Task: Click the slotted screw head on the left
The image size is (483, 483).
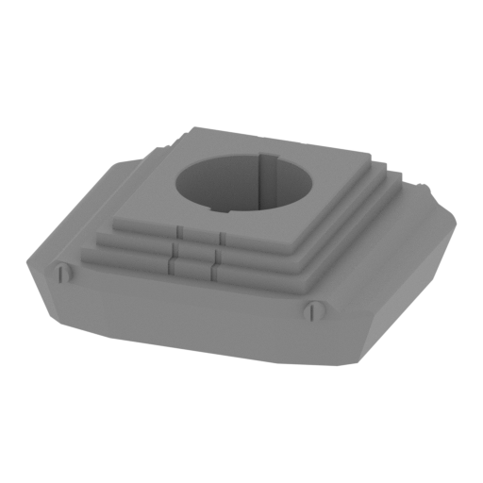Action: pyautogui.click(x=64, y=275)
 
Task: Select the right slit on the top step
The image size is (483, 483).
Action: pyautogui.click(x=220, y=235)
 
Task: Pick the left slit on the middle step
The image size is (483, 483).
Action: pyautogui.click(x=176, y=250)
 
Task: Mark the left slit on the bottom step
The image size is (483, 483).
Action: pyautogui.click(x=172, y=269)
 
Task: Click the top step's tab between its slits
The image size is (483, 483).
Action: pyautogui.click(x=200, y=233)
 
